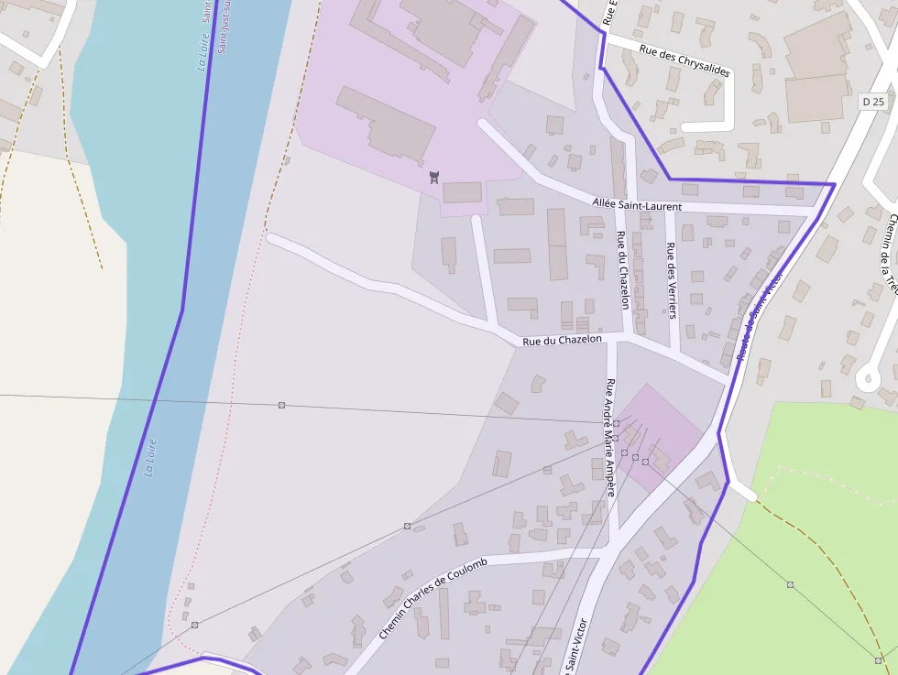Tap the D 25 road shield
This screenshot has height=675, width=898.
tap(874, 103)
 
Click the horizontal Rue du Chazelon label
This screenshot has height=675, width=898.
tap(562, 341)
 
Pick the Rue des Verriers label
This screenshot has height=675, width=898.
tap(672, 280)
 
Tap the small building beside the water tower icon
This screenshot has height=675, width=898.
tap(462, 192)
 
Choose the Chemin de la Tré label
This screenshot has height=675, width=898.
tap(887, 256)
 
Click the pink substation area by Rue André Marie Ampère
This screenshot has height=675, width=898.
tap(660, 435)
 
